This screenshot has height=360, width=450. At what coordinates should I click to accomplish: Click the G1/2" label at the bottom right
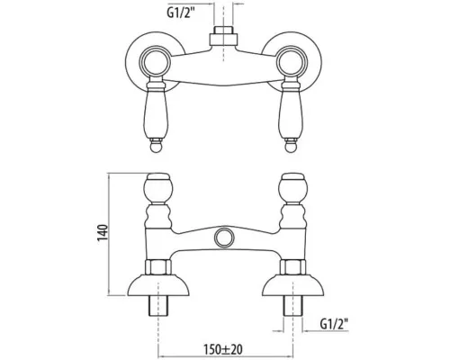334,324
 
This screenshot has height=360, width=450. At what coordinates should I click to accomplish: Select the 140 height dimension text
103,232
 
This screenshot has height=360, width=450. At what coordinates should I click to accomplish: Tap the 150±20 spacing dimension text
223,349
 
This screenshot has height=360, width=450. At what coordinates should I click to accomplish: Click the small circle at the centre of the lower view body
224,238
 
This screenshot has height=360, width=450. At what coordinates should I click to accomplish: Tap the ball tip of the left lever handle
157,148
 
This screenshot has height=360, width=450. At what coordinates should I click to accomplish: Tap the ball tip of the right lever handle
292,148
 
